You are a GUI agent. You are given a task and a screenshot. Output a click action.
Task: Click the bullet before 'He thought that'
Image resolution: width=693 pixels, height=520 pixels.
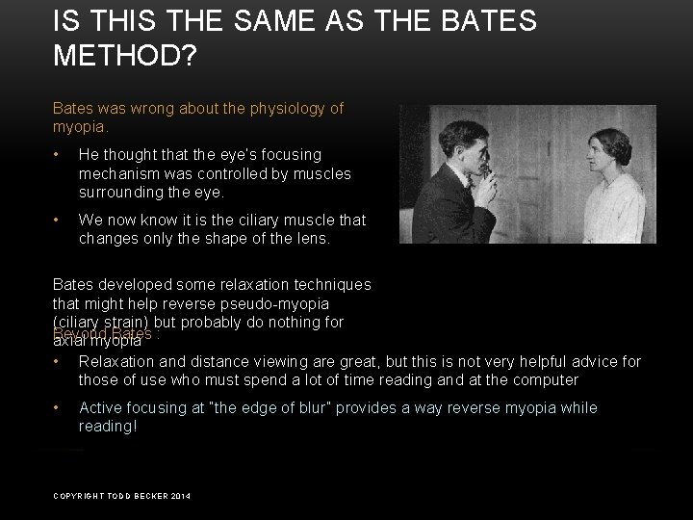click(60, 154)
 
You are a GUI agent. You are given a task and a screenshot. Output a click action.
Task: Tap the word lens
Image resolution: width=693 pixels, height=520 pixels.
click(311, 237)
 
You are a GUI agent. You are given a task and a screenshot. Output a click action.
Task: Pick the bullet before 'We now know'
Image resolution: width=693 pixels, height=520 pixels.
click(60, 220)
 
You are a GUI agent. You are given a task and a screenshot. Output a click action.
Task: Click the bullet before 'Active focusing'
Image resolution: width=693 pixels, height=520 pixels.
click(60, 408)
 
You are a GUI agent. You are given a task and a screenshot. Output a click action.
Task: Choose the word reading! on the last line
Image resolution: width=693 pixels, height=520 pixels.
click(108, 425)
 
